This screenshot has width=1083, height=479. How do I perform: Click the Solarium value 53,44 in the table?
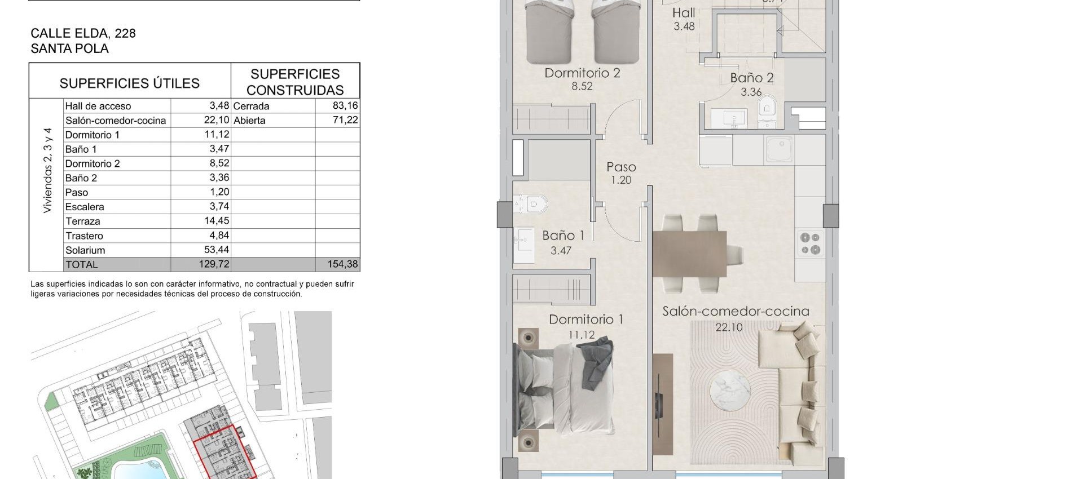[217, 250]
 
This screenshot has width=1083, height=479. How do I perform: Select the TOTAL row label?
[82, 264]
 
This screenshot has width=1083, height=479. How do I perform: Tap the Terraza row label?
[83, 221]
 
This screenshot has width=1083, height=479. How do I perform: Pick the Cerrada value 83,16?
[345, 105]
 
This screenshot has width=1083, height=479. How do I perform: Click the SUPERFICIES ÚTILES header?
[130, 83]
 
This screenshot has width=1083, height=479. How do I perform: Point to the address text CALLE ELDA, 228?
[83, 33]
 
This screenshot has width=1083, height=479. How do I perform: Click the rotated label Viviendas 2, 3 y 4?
[47, 170]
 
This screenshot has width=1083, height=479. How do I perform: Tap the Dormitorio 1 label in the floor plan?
[585, 320]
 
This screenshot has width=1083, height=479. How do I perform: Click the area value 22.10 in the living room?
[729, 327]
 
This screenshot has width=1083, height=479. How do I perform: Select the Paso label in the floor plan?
[621, 167]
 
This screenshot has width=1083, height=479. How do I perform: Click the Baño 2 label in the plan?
[751, 78]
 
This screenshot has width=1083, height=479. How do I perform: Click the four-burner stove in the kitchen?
[810, 243]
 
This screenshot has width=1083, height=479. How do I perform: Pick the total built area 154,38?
[342, 264]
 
